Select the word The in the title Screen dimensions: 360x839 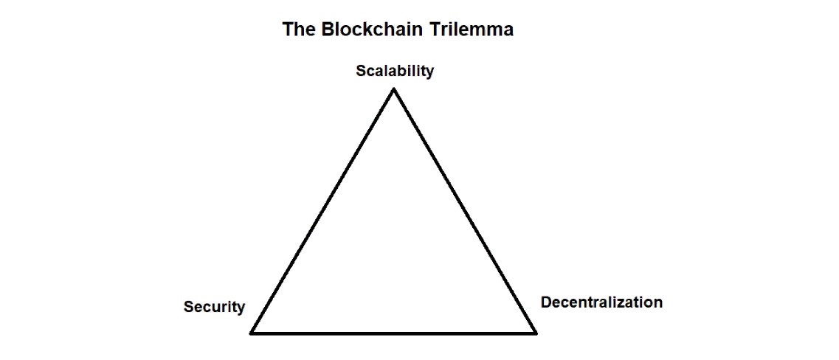(x=297, y=30)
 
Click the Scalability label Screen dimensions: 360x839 (x=395, y=72)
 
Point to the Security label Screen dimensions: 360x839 (x=214, y=307)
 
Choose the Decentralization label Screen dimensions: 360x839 (x=601, y=302)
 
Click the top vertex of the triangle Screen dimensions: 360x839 (x=394, y=90)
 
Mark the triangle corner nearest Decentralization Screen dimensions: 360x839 (x=534, y=332)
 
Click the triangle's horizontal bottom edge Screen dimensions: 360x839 (x=394, y=333)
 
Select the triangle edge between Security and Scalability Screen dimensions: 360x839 (x=323, y=211)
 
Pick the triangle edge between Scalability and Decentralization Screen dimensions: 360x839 (x=465, y=211)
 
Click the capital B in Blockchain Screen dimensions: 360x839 (x=324, y=30)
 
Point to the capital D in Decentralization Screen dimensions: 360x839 (x=546, y=302)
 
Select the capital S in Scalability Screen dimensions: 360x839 (x=361, y=72)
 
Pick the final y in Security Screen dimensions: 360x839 (x=241, y=308)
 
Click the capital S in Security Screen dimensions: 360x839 (x=189, y=307)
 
